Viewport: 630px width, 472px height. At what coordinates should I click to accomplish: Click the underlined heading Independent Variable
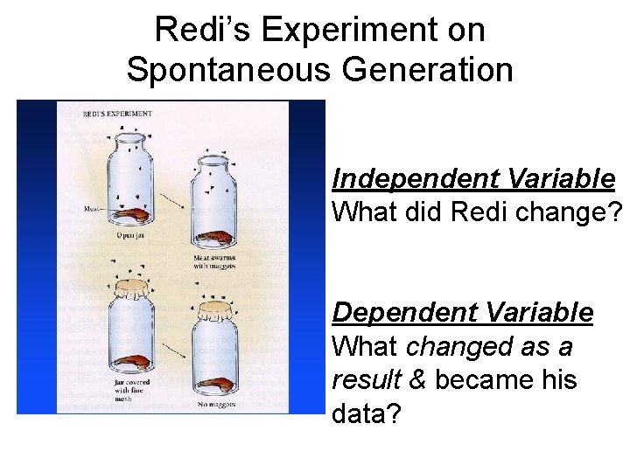[x=473, y=179]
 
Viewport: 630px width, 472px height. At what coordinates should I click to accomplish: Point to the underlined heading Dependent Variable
[x=463, y=313]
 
